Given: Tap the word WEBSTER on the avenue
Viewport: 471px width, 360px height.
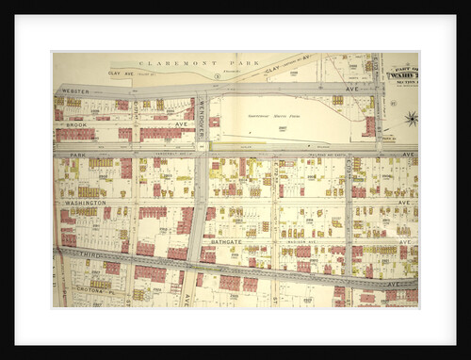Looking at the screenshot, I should point(75,91).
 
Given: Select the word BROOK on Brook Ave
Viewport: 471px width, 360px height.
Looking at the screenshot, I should point(76,123).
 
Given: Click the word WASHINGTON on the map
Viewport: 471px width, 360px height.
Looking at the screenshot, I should point(85,203).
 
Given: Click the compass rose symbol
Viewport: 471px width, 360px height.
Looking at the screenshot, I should point(411,119).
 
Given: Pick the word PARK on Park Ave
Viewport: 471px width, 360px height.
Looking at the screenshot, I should point(78,154).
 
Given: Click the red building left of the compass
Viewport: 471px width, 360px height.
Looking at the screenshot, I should point(369,125).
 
